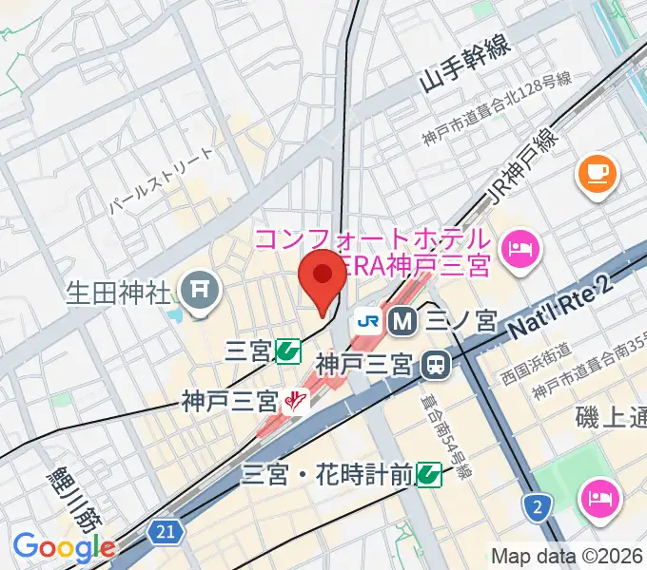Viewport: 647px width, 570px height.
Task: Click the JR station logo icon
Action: point(367,322)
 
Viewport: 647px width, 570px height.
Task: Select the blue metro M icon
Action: point(403,322)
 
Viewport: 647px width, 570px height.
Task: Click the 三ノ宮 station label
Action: point(461,322)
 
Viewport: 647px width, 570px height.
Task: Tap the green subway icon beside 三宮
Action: point(287,352)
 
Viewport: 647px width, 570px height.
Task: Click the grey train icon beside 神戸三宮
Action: point(437,362)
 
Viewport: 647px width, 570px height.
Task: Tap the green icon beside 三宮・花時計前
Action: point(429,472)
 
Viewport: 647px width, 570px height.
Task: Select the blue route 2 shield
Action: point(538,507)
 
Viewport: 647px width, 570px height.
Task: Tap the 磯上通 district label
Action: point(611,415)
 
